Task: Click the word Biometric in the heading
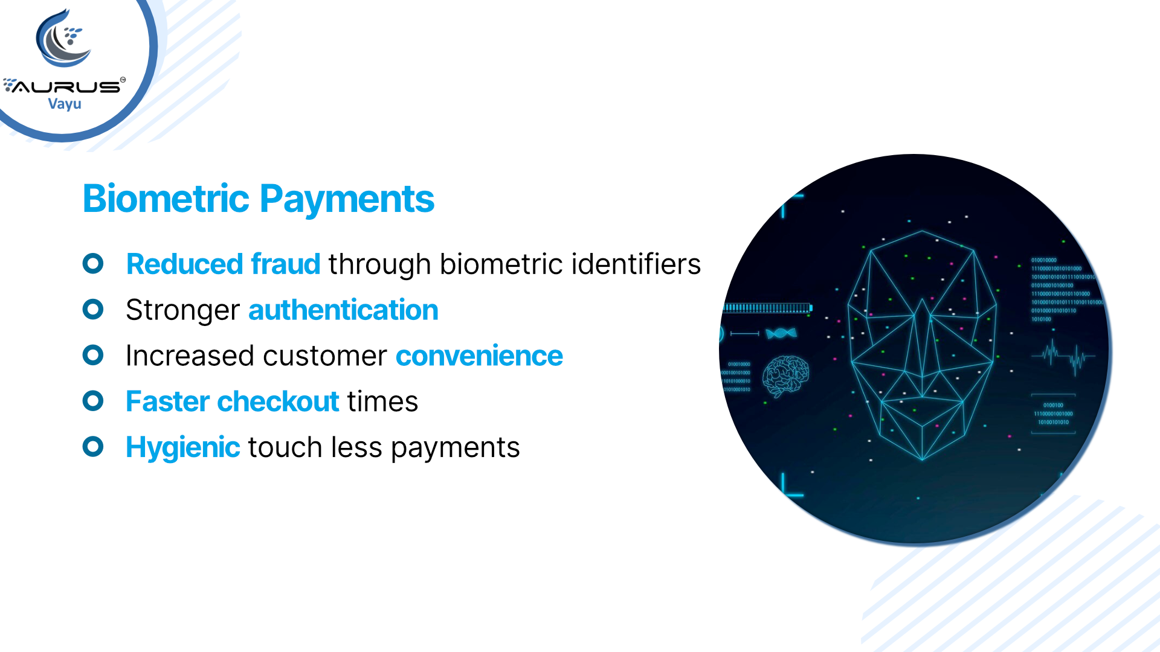[166, 199]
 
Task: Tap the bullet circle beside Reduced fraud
[93, 263]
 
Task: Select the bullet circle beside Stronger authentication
[93, 309]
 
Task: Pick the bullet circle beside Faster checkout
[93, 401]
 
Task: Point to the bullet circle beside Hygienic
[93, 447]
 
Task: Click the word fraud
[285, 264]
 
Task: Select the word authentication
[343, 310]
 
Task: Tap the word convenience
[479, 356]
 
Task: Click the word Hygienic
[182, 447]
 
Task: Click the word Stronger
[182, 310]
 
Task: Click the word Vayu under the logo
[65, 104]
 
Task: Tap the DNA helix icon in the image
[781, 333]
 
